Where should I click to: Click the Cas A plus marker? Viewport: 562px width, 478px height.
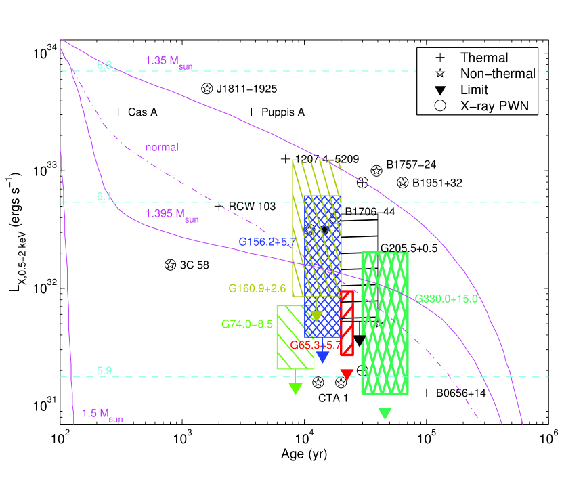(118, 112)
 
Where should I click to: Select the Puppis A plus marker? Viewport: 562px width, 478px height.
(252, 112)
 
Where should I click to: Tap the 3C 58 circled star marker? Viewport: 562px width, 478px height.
(170, 265)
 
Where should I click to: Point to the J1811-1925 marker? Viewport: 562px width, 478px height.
(207, 89)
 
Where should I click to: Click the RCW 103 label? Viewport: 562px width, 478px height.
(252, 207)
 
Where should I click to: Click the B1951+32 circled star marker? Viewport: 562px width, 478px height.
(403, 183)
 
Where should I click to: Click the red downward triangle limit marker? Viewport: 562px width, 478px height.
(347, 374)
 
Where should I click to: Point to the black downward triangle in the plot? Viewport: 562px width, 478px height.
(360, 341)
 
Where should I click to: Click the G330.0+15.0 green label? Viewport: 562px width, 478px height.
(447, 299)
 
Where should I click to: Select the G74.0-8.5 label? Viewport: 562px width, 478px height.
(246, 324)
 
